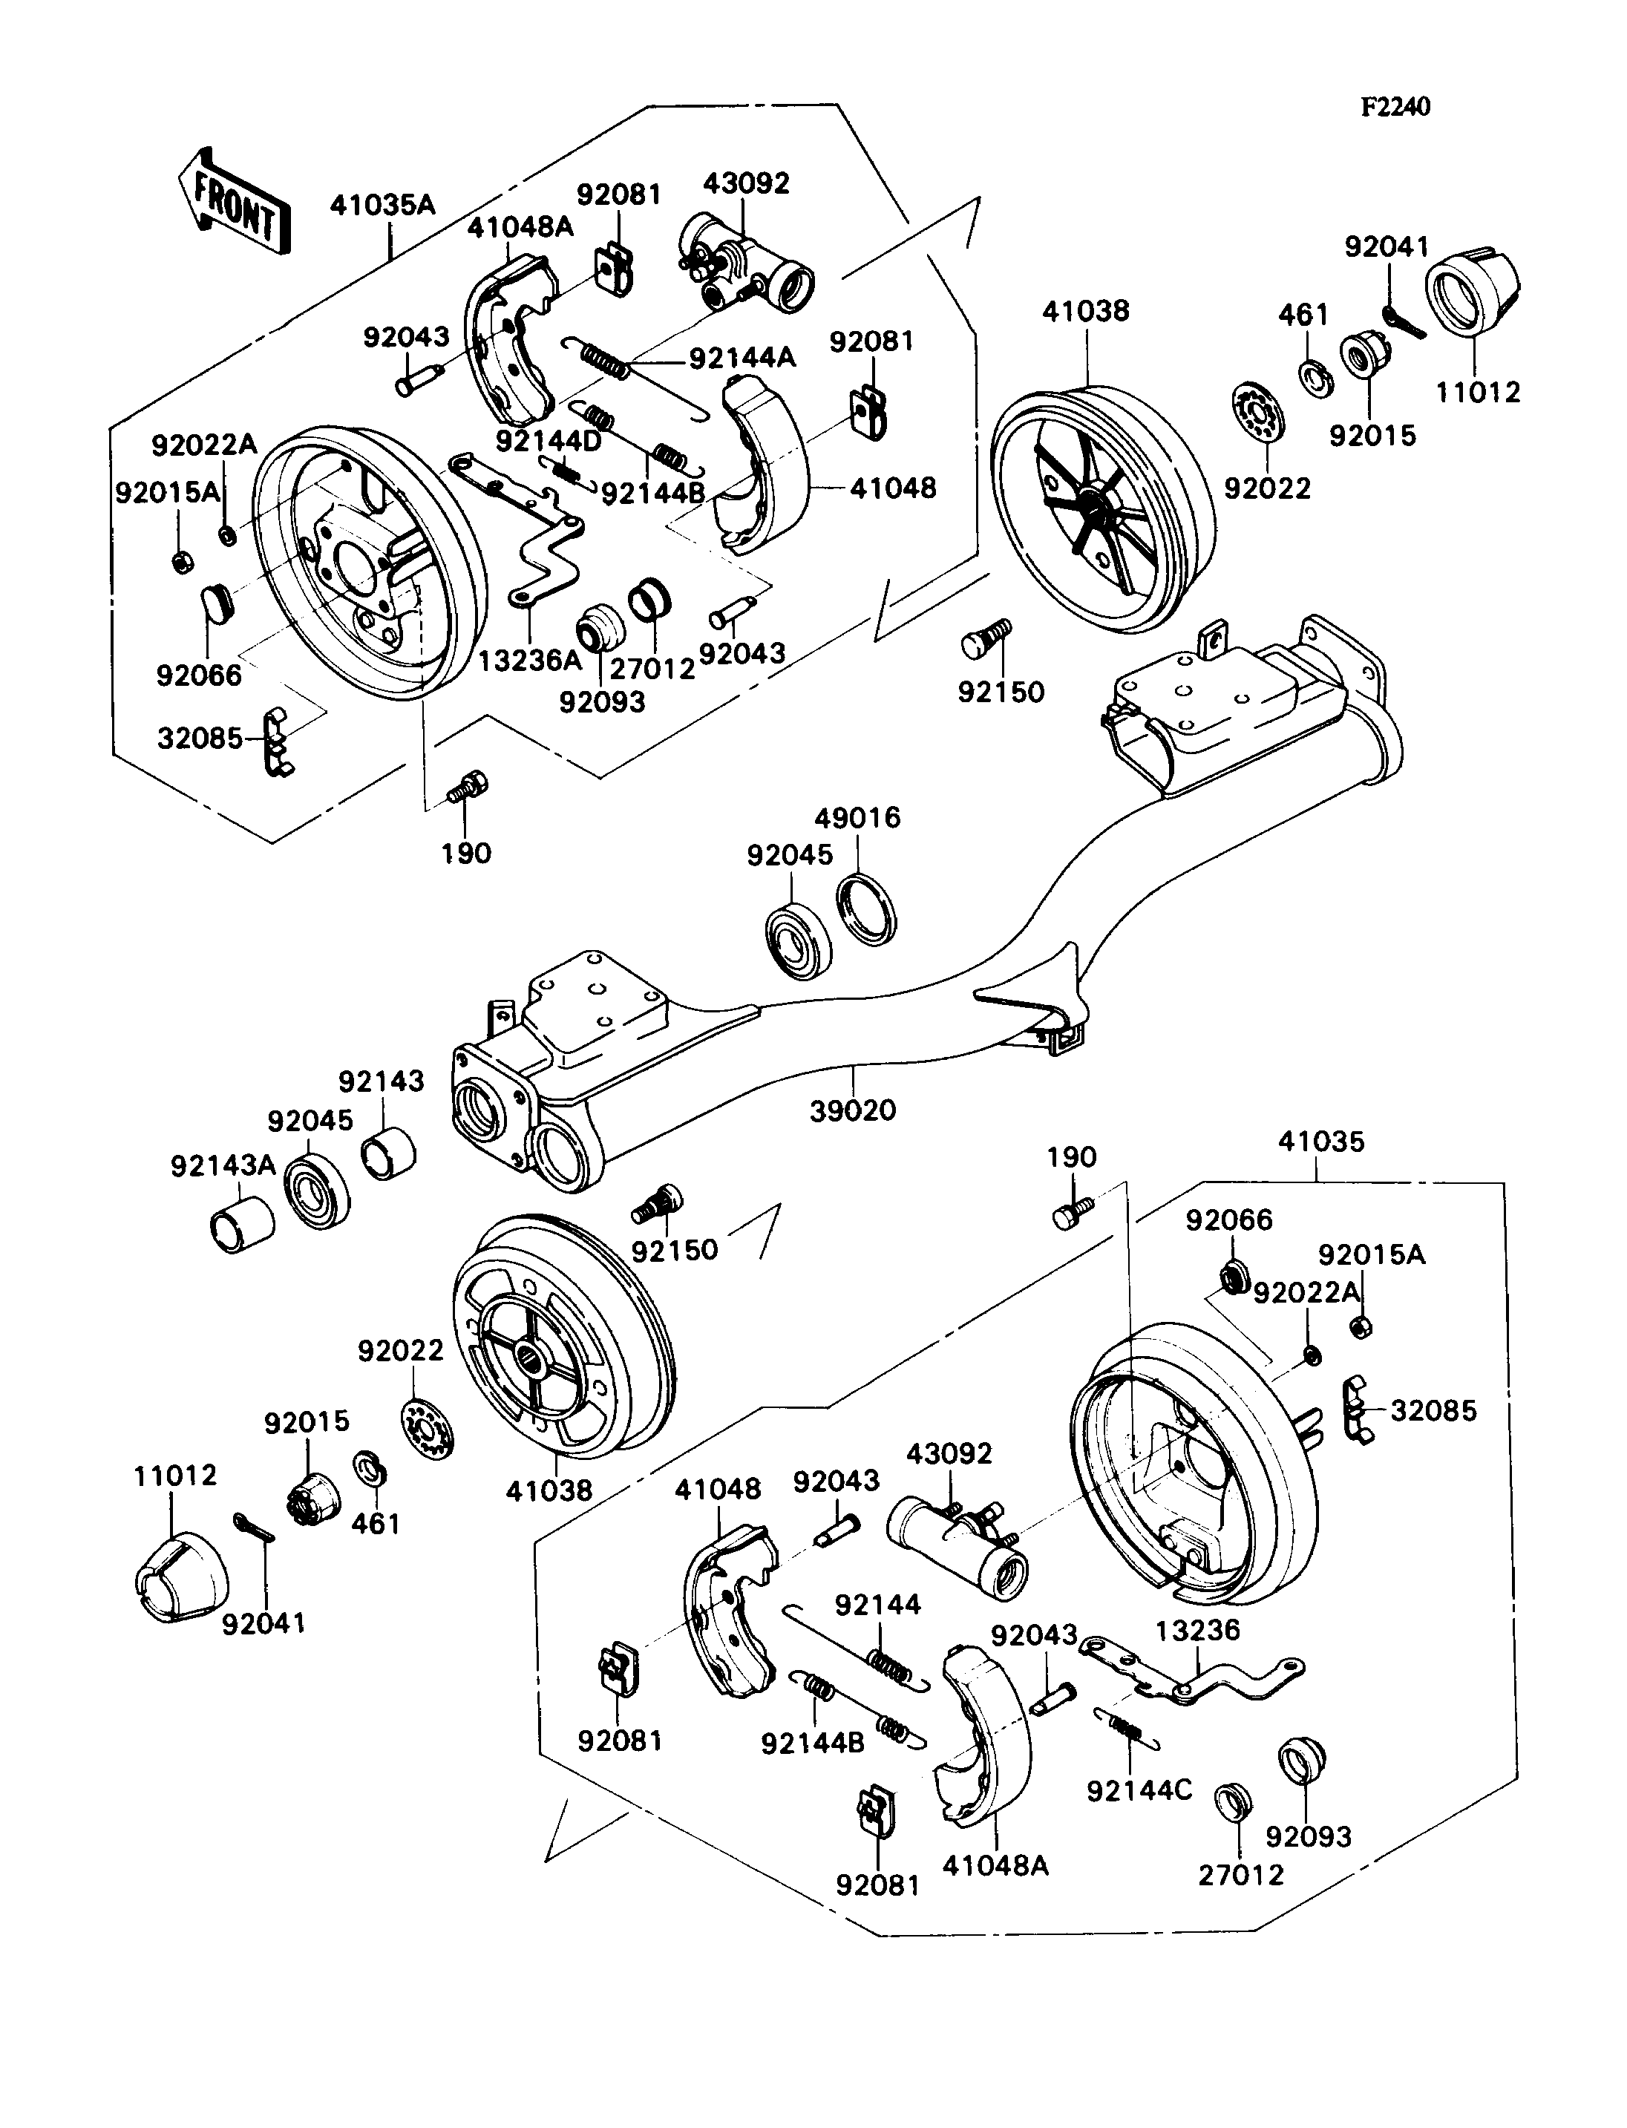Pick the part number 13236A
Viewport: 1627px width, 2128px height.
pos(530,661)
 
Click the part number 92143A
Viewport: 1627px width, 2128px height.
pos(223,1165)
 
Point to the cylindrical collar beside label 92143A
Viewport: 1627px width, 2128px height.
pos(242,1225)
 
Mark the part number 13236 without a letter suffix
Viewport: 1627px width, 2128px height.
pos(1197,1630)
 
